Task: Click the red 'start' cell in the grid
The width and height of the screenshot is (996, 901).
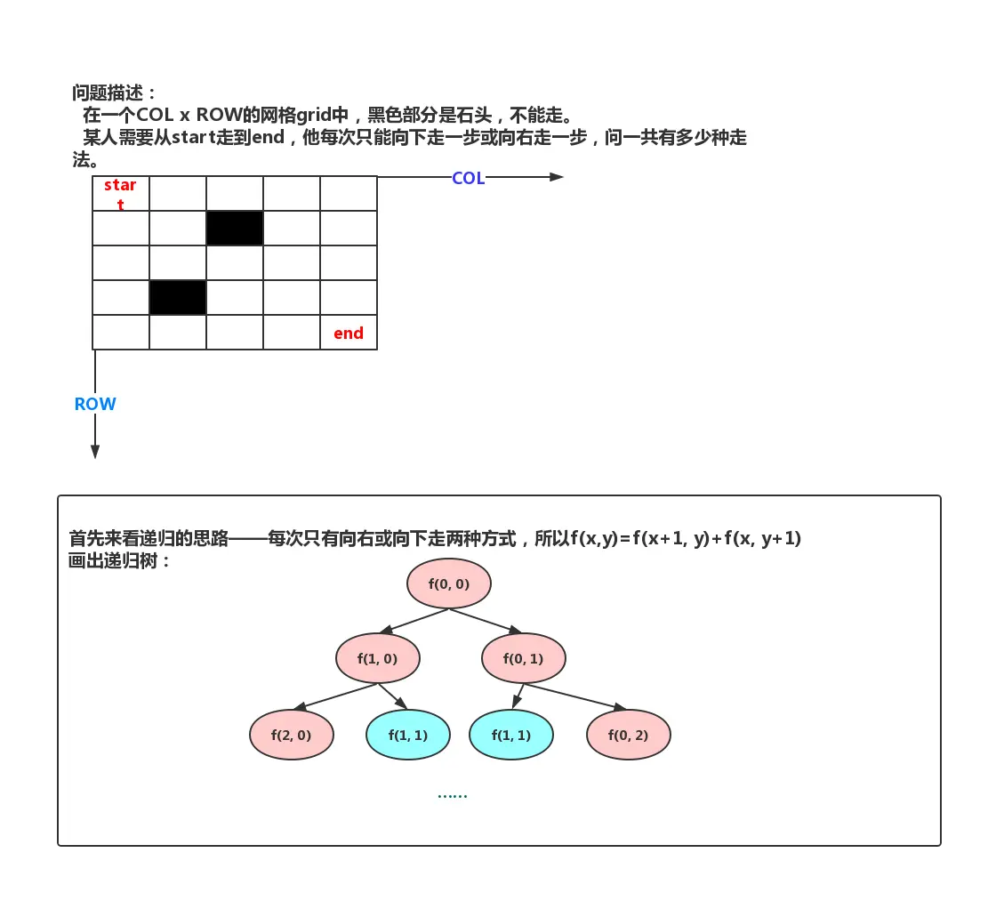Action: tap(121, 194)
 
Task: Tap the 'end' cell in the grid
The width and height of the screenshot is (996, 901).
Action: tap(349, 333)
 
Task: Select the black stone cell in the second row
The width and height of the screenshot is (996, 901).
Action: tap(235, 229)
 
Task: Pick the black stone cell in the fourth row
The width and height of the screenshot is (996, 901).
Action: tap(178, 297)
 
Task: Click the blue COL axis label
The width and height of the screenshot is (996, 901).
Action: tap(468, 178)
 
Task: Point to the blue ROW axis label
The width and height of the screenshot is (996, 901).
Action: tap(95, 404)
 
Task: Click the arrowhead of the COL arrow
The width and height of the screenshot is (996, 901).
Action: tap(557, 177)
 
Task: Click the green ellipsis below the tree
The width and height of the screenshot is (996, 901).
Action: tap(452, 794)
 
